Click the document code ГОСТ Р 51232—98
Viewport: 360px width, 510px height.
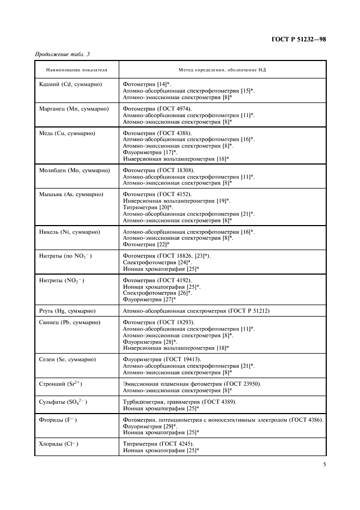tap(298, 39)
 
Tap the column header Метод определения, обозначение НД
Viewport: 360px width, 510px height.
tap(222, 70)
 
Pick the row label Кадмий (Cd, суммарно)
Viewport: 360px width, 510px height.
tap(71, 85)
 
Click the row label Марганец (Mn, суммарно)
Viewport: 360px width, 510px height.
tap(74, 109)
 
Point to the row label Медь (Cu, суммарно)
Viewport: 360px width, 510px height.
tap(68, 133)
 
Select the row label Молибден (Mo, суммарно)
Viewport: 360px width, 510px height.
tap(75, 171)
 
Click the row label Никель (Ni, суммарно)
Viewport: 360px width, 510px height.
tap(70, 232)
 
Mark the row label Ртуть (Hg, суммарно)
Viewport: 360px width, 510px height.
tap(68, 311)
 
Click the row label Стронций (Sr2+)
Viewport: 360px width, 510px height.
tap(61, 384)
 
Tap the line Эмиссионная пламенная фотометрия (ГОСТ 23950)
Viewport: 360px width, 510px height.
tap(192, 384)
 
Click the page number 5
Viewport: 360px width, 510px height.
tap(324, 465)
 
